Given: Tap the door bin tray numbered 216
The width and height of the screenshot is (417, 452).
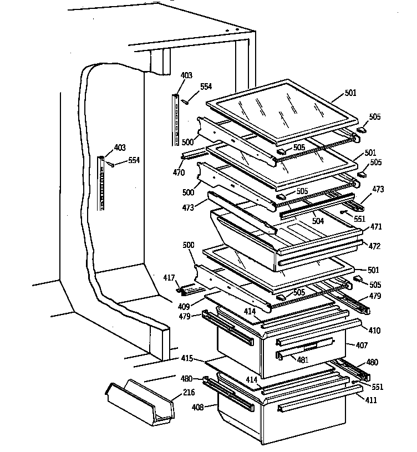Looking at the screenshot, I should pos(140,400).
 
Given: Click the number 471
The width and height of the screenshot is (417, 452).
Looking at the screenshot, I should pos(376,227).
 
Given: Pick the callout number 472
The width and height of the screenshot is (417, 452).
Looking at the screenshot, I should pos(375,246).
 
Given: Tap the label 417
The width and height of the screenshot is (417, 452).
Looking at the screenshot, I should pos(169,278).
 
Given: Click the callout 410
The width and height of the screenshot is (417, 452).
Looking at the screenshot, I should pos(375,331).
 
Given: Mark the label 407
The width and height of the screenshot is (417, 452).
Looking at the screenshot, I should pos(361,345).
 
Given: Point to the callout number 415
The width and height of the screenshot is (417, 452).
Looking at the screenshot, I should pos(186,359).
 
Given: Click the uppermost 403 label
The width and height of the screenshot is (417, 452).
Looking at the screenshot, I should pos(186,76).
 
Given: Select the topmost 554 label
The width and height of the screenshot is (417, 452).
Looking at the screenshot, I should pos(206,87).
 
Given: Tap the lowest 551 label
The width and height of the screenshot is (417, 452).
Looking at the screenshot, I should pos(378,387).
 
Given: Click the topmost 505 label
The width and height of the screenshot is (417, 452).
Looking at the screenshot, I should pos(375,117).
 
